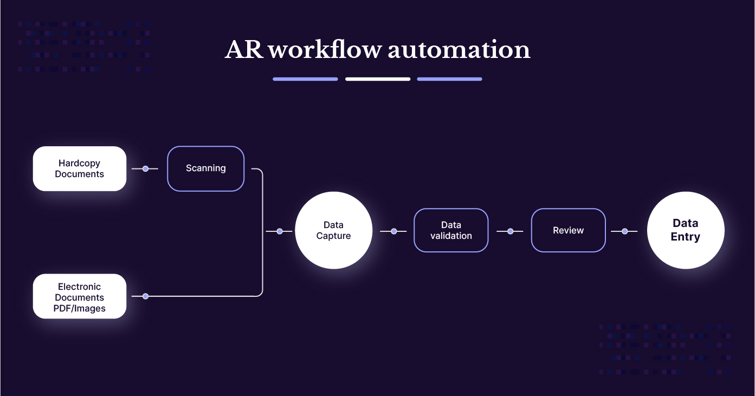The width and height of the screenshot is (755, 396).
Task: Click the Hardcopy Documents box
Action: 80,168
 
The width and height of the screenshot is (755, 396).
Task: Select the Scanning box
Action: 206,168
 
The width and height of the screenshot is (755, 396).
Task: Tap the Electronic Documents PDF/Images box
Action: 80,296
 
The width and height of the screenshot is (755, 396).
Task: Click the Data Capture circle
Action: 333,231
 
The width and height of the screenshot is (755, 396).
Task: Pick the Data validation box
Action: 451,231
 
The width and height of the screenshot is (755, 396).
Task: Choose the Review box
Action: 568,231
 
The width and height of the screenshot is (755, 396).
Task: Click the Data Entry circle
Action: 686,231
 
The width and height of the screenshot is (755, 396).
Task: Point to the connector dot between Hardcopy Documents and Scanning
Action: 145,169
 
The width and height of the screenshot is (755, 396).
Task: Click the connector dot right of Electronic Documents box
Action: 145,296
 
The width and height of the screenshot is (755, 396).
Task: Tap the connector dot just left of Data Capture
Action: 280,231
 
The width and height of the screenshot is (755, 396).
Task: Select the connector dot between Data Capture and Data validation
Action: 394,231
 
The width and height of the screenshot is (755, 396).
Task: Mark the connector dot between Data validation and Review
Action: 510,231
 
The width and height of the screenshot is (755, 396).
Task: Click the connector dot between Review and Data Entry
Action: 625,231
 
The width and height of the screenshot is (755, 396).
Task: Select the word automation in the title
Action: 459,50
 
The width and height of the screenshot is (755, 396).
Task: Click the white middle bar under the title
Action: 378,79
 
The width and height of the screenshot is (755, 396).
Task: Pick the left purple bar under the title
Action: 305,79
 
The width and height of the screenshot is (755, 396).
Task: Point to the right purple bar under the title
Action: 449,79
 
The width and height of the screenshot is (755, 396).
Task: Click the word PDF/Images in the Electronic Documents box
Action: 80,309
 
